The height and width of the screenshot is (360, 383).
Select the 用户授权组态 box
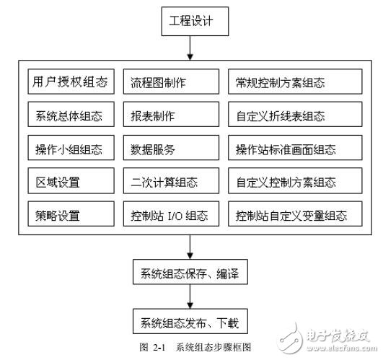click(x=71, y=82)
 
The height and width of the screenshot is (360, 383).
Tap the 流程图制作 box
click(x=170, y=82)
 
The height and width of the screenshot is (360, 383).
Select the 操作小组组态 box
click(x=71, y=150)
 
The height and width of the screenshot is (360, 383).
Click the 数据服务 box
click(x=170, y=150)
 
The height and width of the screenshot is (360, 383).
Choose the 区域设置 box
click(x=71, y=183)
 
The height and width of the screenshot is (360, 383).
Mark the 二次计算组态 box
click(x=170, y=183)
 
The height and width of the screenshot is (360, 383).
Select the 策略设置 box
click(x=71, y=215)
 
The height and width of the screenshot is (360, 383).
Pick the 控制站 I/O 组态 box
click(x=170, y=215)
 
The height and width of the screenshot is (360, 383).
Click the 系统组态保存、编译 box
click(x=189, y=275)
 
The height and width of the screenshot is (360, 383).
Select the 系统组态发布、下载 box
click(x=189, y=321)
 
